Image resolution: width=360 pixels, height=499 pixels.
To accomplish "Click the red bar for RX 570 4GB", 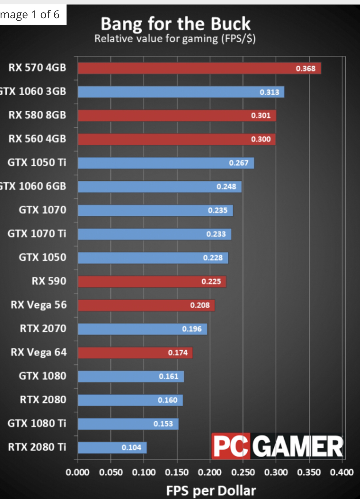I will click(x=199, y=68).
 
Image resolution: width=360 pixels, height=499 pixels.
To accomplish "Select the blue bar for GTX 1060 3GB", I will click(x=181, y=92).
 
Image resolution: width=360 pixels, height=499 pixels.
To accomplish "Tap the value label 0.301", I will click(x=261, y=116).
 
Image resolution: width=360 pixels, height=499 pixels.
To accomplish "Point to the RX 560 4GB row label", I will click(x=37, y=139).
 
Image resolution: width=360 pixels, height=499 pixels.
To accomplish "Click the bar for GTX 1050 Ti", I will click(x=166, y=163).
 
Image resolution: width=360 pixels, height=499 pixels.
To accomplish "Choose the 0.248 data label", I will click(x=226, y=187).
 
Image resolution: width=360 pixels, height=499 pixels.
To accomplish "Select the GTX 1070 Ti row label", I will click(x=37, y=233).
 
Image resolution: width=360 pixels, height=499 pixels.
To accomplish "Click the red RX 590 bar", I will click(x=152, y=282).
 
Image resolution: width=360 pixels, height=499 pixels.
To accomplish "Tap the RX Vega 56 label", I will click(x=39, y=305).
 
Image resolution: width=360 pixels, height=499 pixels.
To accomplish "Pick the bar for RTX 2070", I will click(x=142, y=329).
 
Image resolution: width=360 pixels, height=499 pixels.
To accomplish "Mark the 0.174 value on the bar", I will click(x=178, y=353).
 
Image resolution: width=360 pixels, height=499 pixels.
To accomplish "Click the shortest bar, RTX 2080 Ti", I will click(x=112, y=448).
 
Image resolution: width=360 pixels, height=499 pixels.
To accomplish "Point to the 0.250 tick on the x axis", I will click(x=243, y=472).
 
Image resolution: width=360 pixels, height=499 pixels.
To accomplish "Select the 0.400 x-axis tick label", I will click(x=342, y=472).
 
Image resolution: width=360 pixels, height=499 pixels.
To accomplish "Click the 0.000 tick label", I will click(x=77, y=472).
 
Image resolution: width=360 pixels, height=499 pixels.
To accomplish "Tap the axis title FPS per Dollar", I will click(x=211, y=491).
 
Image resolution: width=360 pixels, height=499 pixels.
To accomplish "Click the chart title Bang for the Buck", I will click(x=175, y=24).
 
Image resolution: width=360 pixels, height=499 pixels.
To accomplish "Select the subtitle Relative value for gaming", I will click(x=175, y=39).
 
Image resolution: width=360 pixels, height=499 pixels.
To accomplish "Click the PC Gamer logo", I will click(x=278, y=446).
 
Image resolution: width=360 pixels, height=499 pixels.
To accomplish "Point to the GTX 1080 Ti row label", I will click(x=37, y=423).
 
